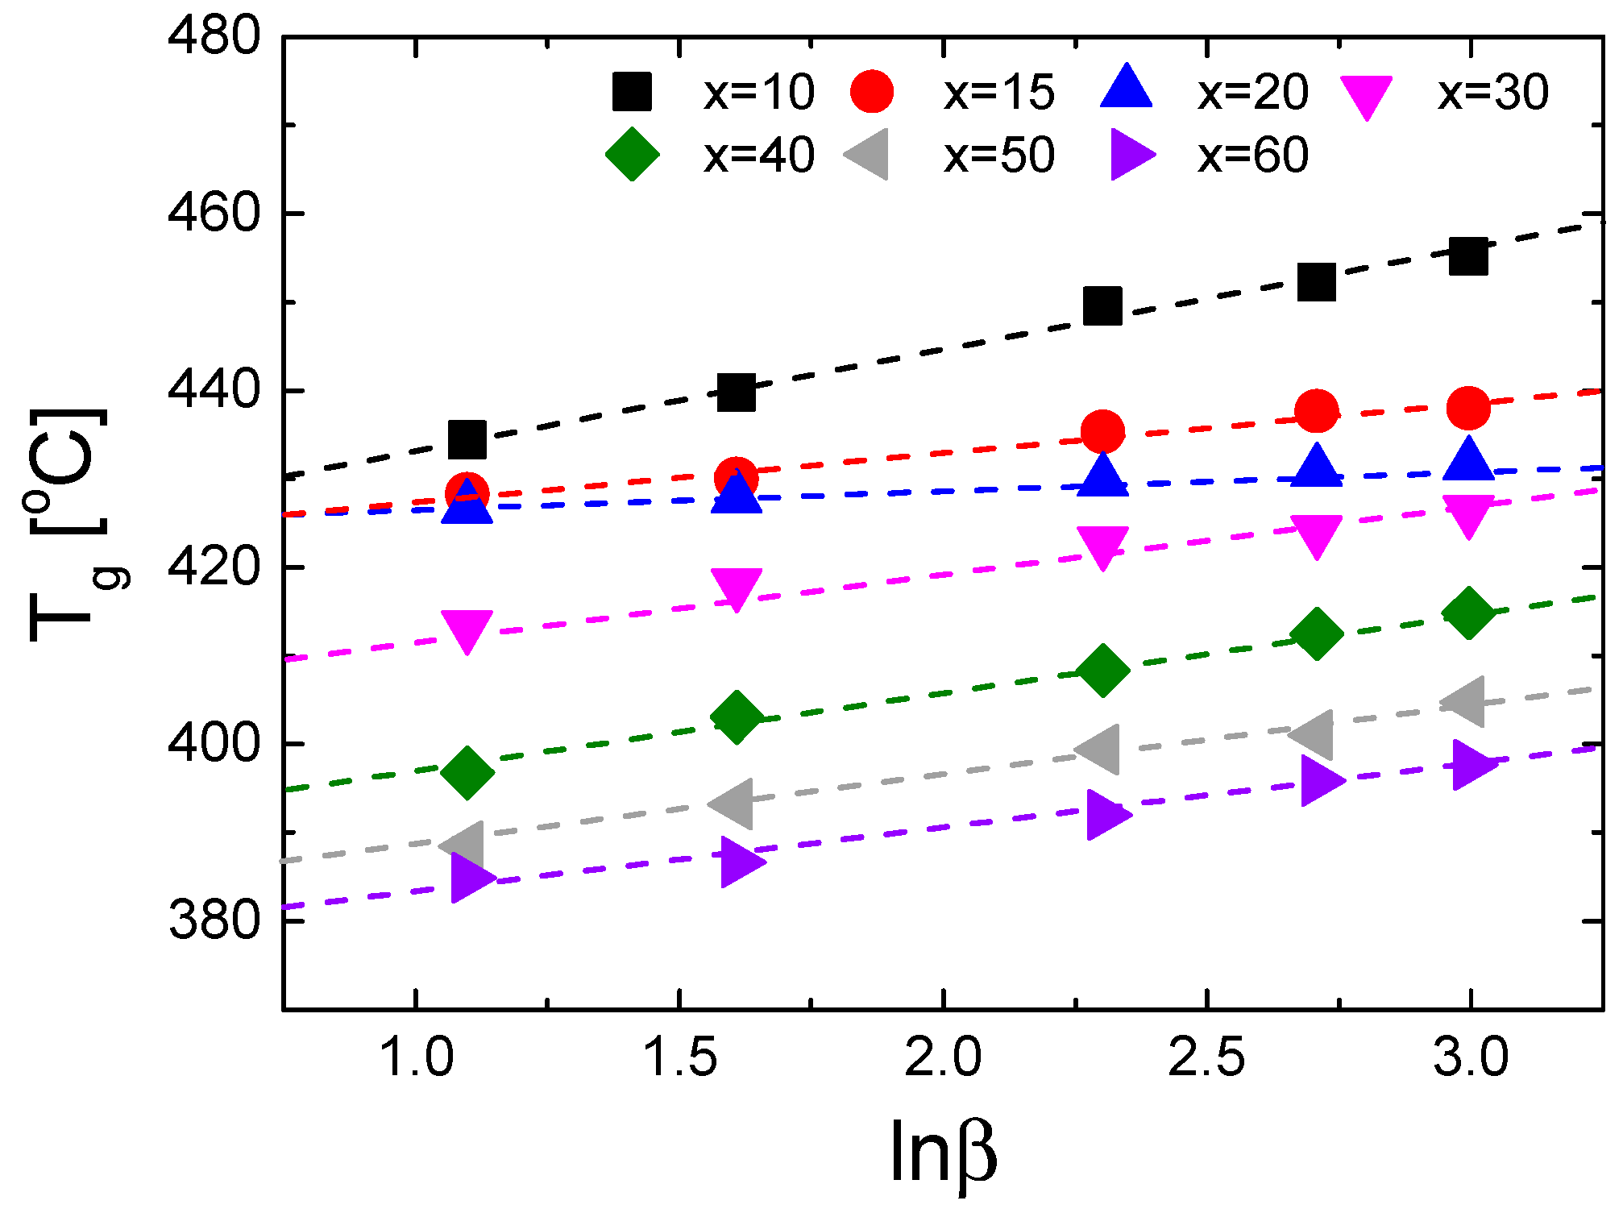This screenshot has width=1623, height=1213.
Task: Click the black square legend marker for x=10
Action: [x=632, y=91]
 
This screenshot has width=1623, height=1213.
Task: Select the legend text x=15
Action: [x=998, y=93]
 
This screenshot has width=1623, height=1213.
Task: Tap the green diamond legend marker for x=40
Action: [x=633, y=154]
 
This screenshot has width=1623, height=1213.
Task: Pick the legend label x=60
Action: [x=1252, y=155]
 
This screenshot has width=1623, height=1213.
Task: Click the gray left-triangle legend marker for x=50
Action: [x=869, y=154]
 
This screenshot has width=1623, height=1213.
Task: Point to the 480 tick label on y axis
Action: [x=214, y=37]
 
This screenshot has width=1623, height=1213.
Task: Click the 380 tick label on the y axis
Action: [x=214, y=921]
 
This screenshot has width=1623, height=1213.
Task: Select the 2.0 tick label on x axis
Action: [x=942, y=1057]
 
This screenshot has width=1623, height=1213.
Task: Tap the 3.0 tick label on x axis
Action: [x=1471, y=1057]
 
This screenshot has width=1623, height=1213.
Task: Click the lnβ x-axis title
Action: [x=944, y=1153]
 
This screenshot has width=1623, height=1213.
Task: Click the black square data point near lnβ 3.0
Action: [x=1468, y=256]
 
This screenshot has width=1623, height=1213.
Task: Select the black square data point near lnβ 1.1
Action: [x=467, y=439]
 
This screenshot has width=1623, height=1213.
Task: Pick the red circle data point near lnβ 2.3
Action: [x=1102, y=431]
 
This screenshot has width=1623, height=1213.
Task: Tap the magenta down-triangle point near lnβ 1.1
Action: [x=467, y=629]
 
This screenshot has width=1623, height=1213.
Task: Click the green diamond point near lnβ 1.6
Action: [x=736, y=716]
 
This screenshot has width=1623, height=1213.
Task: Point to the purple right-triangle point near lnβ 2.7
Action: [x=1320, y=781]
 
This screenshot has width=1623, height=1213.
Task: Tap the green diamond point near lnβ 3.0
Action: [x=1468, y=613]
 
